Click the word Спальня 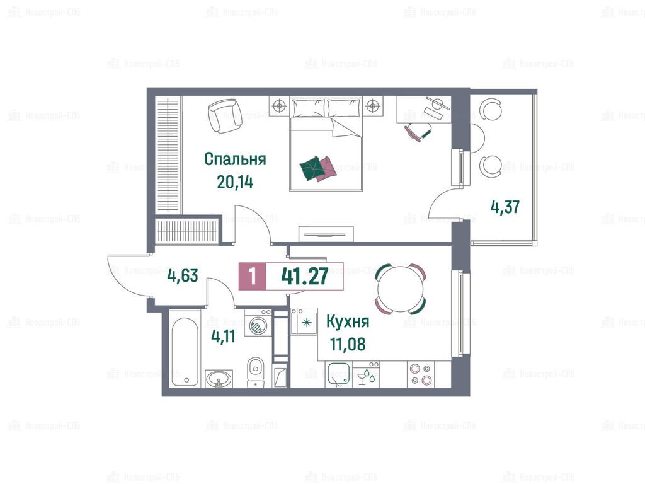pos(235,159)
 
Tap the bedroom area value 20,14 pos(235,181)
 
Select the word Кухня pos(348,322)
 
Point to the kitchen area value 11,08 pos(348,344)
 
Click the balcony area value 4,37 pos(505,207)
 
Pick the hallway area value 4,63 pos(183,275)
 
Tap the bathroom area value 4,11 pos(223,337)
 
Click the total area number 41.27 pos(305,276)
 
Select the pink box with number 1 pos(253,276)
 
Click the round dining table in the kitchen pos(400,289)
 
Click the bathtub pos(186,352)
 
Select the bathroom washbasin pos(219,378)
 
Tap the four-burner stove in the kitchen pos(421,374)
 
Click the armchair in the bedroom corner pos(222,116)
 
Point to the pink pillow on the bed pos(328,166)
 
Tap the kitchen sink pos(338,374)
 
